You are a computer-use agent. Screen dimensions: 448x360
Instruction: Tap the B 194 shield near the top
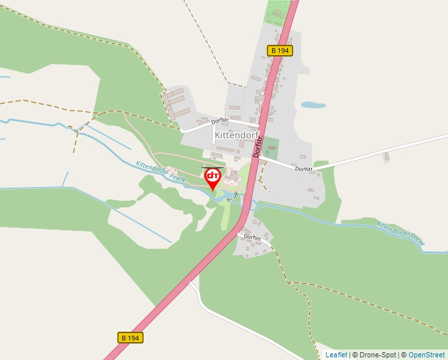[x=280, y=51]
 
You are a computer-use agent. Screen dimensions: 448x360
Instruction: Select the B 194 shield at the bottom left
[x=131, y=338]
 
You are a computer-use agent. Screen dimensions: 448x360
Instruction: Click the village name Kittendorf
[x=238, y=135]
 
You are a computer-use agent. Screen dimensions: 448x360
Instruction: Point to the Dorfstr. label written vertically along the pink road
[x=258, y=145]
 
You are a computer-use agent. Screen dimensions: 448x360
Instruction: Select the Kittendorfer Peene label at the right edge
[x=401, y=234]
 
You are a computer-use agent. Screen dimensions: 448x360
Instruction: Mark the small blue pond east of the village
[x=313, y=105]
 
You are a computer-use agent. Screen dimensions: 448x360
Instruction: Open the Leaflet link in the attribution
[x=336, y=355]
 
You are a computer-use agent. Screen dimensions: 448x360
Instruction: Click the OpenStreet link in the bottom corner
[x=428, y=355]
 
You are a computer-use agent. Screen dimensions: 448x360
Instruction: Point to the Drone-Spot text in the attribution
[x=378, y=355]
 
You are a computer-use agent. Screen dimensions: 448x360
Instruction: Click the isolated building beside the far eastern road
[x=387, y=156]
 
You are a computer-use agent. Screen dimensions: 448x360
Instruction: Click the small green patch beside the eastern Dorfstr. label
[x=321, y=163]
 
